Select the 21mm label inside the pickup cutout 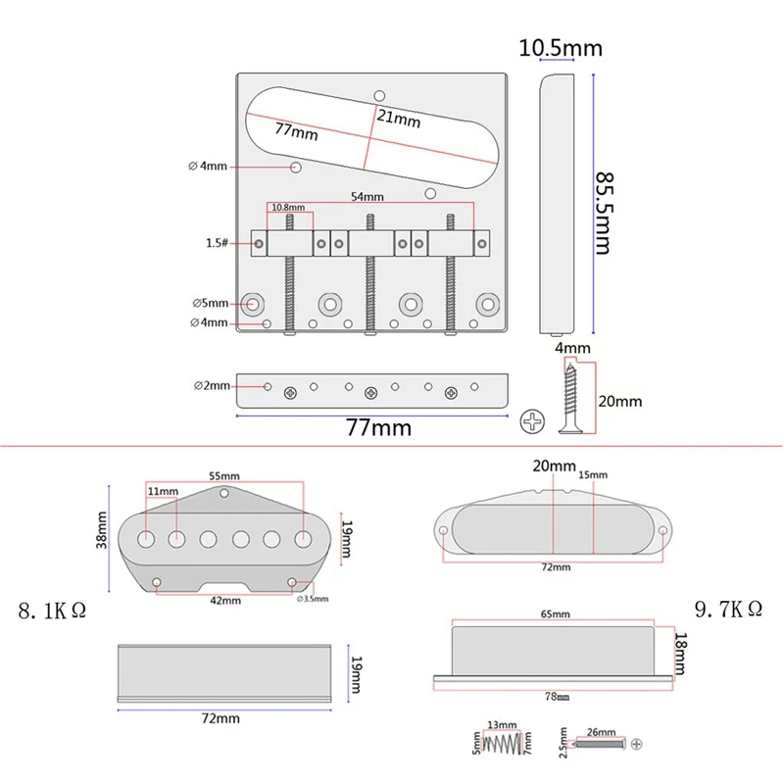click(x=400, y=121)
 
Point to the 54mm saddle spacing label click(x=367, y=196)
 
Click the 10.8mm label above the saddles click(x=287, y=208)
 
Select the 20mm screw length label click(x=619, y=401)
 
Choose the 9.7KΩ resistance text click(x=728, y=610)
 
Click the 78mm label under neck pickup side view click(x=556, y=696)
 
